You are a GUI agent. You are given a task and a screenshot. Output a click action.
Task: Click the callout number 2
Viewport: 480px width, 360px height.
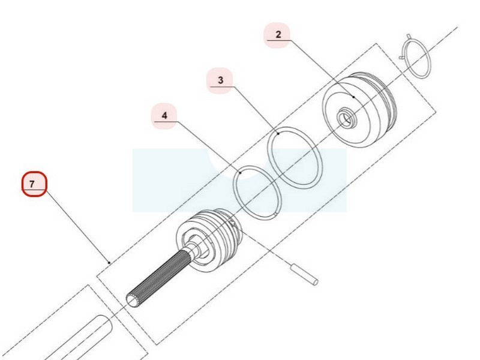click(278, 35)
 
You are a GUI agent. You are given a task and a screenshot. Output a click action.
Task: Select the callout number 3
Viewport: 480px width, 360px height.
click(220, 80)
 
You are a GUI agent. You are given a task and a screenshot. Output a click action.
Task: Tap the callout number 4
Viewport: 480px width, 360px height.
click(164, 116)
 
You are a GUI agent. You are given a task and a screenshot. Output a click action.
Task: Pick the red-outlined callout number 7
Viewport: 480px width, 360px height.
click(34, 184)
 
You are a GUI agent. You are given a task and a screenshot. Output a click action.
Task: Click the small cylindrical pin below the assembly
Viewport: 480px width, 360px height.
click(304, 274)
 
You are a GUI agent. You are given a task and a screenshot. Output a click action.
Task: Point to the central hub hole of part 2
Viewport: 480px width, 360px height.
click(346, 118)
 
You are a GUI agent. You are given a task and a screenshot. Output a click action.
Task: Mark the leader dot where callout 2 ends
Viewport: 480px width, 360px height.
click(354, 97)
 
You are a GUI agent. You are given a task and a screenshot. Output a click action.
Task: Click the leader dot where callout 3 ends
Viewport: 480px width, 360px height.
click(278, 133)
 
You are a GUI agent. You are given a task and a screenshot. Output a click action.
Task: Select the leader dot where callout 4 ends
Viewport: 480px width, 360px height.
click(241, 173)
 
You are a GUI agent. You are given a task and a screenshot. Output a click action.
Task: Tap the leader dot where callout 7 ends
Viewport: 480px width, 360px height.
click(109, 262)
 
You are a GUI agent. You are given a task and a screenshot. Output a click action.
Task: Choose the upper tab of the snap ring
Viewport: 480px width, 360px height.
click(409, 37)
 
